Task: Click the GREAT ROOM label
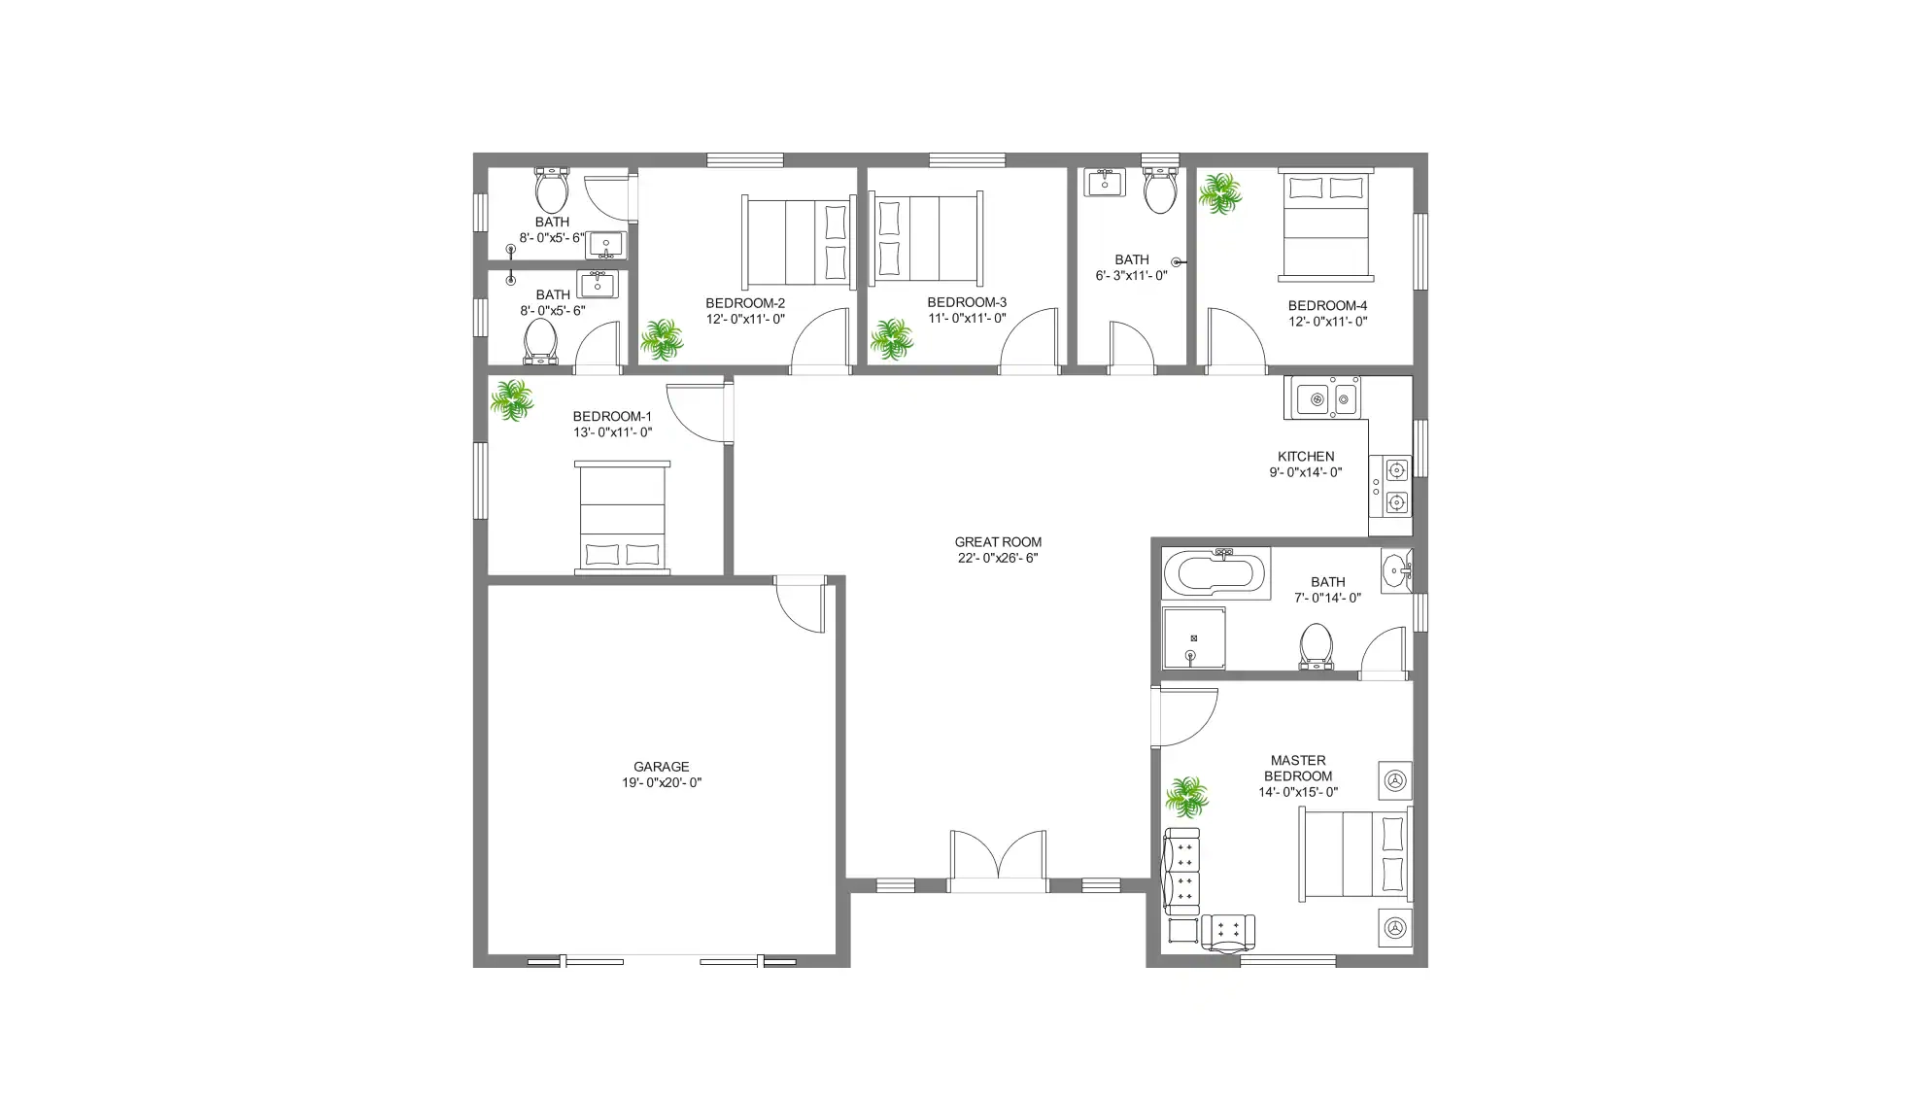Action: click(x=997, y=542)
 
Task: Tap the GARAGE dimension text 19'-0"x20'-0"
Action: click(x=662, y=783)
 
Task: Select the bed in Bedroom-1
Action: click(x=622, y=517)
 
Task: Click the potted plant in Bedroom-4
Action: click(x=1219, y=194)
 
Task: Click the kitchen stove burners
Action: click(x=1395, y=487)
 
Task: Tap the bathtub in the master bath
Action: click(x=1215, y=573)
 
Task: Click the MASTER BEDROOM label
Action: click(x=1298, y=769)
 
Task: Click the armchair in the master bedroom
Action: click(x=1228, y=931)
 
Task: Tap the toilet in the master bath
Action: click(x=1316, y=646)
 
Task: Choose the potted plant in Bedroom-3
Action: click(x=890, y=339)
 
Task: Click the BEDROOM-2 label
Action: click(x=745, y=303)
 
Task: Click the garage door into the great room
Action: click(x=802, y=606)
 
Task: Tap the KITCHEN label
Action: click(x=1305, y=456)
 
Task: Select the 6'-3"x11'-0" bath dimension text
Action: click(x=1131, y=276)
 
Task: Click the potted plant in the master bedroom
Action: click(x=1186, y=797)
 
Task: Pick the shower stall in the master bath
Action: click(x=1193, y=638)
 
